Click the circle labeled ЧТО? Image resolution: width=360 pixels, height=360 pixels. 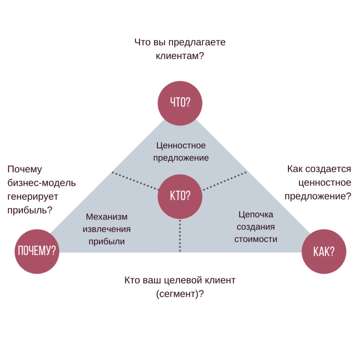click(x=180, y=103)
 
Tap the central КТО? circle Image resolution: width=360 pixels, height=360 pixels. click(x=180, y=195)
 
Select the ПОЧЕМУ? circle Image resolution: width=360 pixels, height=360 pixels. click(x=37, y=251)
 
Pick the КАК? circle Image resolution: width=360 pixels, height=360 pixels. click(x=324, y=252)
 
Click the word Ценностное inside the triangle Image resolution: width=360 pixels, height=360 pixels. click(x=181, y=145)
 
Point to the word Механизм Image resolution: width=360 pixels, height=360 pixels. click(x=107, y=217)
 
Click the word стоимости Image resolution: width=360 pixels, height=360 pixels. click(x=255, y=239)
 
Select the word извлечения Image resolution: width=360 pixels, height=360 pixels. click(x=107, y=229)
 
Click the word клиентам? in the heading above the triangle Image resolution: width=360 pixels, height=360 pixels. click(x=180, y=56)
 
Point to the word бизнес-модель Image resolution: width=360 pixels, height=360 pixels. click(x=42, y=183)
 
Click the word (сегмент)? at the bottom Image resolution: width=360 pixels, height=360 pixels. click(x=180, y=294)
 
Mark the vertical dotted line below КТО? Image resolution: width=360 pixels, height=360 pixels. click(x=180, y=235)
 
